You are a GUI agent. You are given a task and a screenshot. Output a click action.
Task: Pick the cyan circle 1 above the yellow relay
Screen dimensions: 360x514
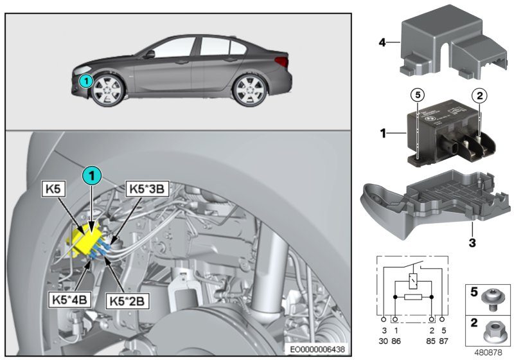(92, 175)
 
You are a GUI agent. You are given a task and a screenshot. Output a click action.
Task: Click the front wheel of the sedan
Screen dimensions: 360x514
(107, 90)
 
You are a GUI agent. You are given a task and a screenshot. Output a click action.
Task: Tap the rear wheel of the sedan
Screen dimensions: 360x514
(247, 90)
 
